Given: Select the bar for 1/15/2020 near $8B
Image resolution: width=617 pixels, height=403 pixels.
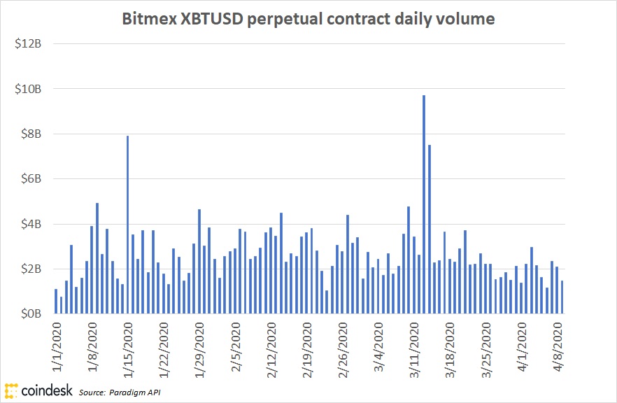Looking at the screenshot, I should (x=127, y=225).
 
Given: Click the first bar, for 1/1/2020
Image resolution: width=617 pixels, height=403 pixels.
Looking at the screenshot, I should (x=56, y=302).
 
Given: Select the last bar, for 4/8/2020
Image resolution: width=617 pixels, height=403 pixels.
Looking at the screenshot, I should (x=562, y=297).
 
